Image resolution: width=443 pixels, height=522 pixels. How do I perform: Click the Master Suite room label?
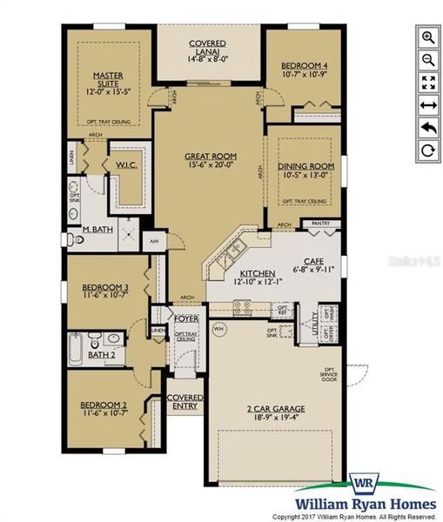pos(108,81)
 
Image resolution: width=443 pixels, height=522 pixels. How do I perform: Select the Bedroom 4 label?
pos(304,65)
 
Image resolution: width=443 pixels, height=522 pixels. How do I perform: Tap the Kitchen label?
pos(232,271)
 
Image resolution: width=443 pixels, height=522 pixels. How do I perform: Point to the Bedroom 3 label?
pos(105,287)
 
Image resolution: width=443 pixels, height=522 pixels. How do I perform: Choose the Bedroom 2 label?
pos(104,405)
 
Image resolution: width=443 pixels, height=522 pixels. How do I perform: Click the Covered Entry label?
pos(185,402)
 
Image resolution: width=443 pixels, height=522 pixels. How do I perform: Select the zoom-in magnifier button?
pos(427,37)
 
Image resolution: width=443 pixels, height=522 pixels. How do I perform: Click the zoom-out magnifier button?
pos(427,60)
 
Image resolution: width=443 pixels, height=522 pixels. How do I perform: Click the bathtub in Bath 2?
pos(76,351)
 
